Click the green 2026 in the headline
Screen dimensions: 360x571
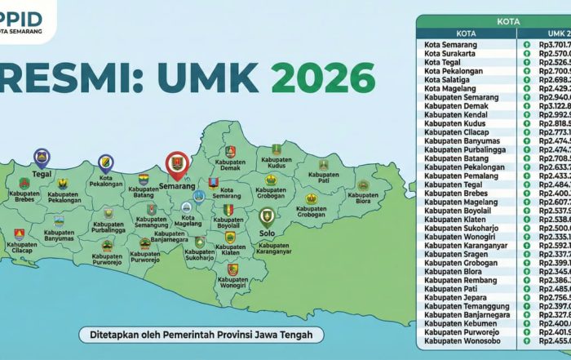click(322, 78)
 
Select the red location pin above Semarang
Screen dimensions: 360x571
click(176, 164)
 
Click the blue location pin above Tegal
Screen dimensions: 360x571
click(41, 158)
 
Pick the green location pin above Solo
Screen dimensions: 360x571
click(265, 216)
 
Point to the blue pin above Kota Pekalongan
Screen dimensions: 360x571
click(105, 163)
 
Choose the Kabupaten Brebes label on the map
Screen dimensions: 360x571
click(24, 197)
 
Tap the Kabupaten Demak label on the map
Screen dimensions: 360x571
click(229, 167)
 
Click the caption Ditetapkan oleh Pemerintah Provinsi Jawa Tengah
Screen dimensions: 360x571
click(196, 335)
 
